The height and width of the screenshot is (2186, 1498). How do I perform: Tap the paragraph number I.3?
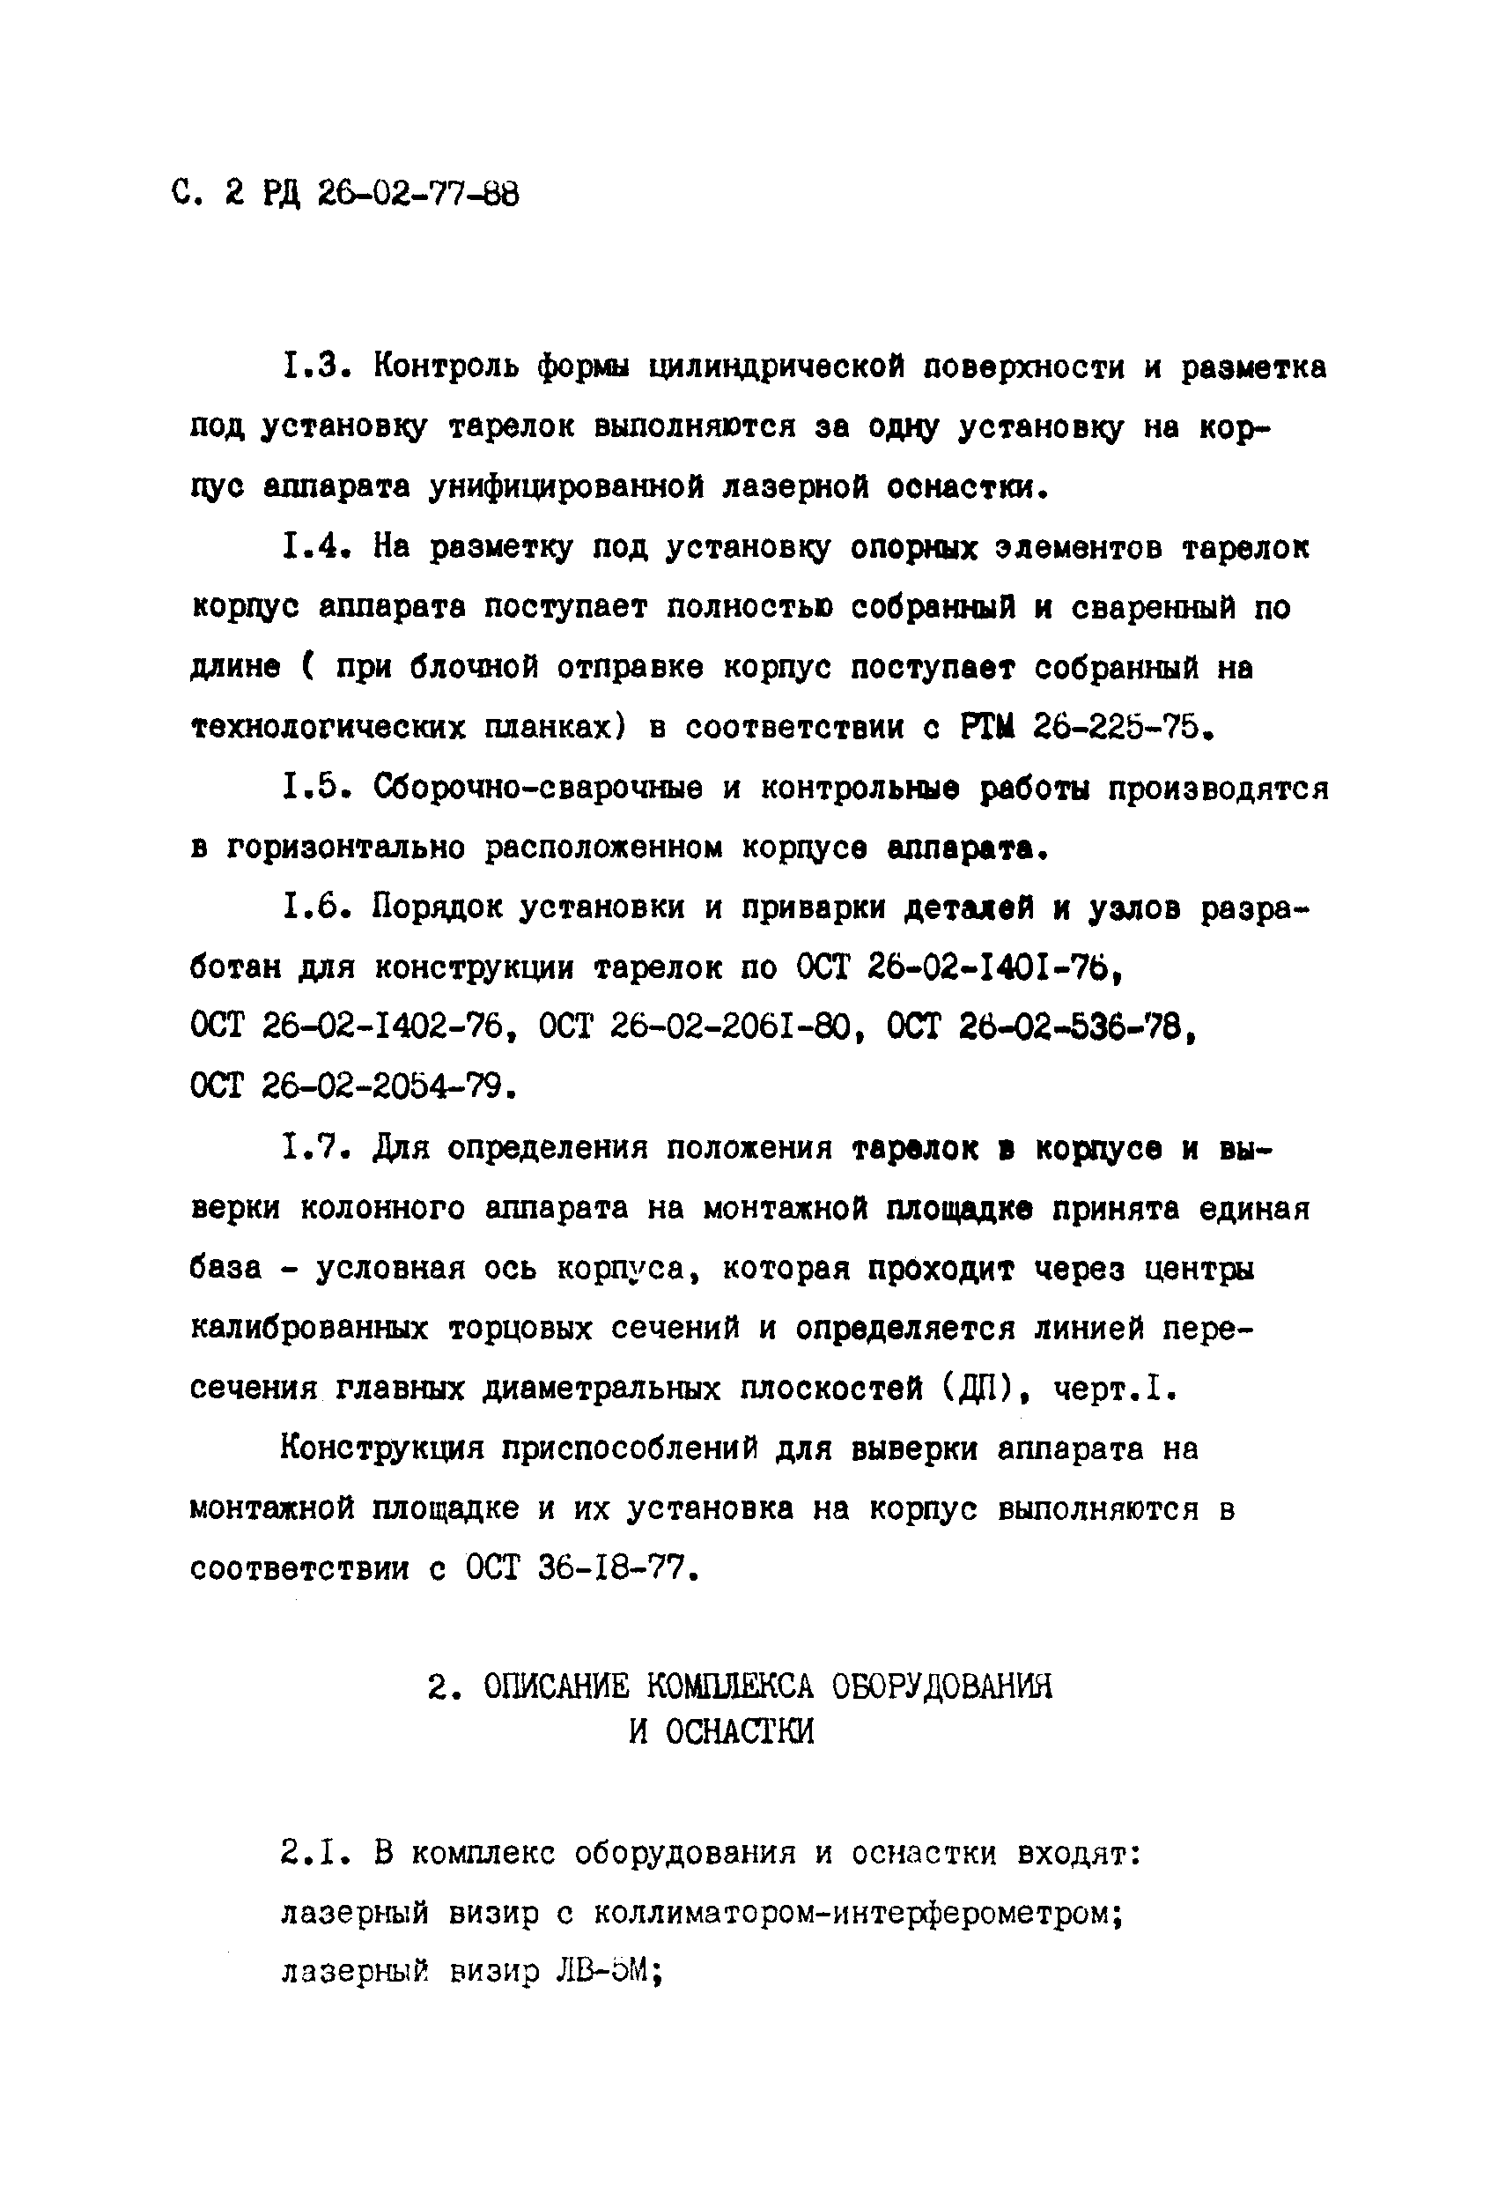315,366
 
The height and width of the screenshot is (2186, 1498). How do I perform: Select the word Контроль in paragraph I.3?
445,366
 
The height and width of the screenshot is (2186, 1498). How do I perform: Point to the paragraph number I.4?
315,546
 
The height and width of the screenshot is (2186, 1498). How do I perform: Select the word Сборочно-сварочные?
537,788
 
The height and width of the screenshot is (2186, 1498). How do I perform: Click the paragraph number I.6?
315,908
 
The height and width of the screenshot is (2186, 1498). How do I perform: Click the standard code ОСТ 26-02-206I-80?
702,1028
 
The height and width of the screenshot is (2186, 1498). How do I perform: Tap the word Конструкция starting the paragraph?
383,1449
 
